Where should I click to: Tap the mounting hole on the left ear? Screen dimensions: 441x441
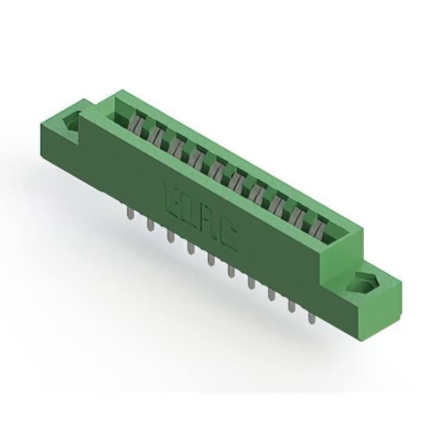click(x=72, y=122)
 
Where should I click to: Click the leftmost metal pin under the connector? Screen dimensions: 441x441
click(x=130, y=214)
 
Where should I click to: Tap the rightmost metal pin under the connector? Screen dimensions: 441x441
click(x=311, y=318)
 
